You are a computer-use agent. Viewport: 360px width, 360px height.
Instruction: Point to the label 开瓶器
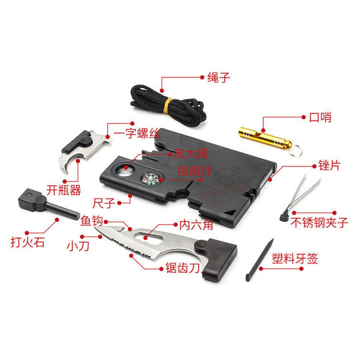pos(66,189)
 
